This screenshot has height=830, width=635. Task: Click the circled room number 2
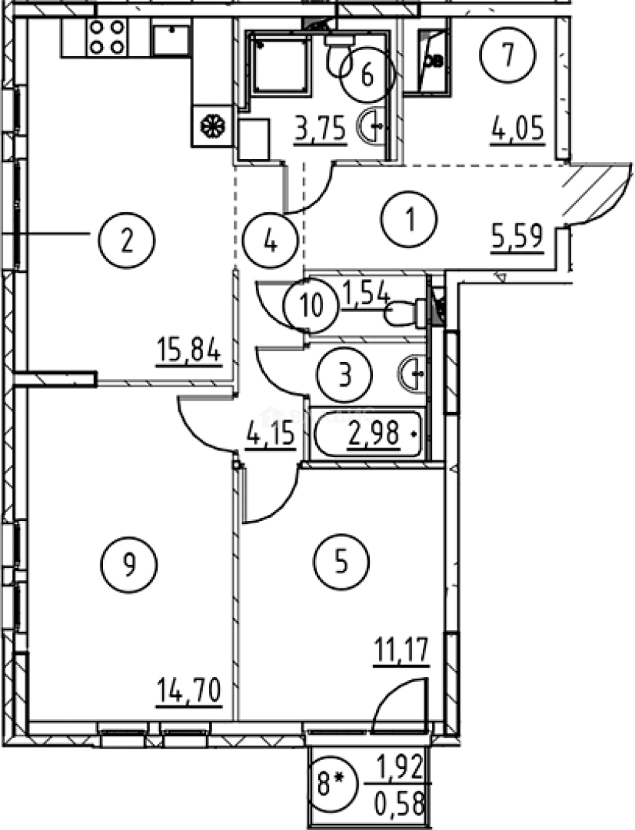(126, 242)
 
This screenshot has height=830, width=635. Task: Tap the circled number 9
(128, 565)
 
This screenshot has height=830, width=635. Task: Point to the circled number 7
(508, 55)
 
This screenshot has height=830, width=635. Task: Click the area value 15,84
(188, 351)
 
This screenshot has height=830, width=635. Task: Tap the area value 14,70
(189, 692)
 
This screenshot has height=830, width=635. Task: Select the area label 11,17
(402, 651)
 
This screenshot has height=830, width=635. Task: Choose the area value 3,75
(321, 128)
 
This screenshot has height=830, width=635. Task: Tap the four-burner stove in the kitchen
(107, 37)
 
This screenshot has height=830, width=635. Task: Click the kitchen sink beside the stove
(171, 38)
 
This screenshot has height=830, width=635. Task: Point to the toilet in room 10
(406, 313)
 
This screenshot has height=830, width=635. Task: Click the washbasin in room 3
(411, 373)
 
